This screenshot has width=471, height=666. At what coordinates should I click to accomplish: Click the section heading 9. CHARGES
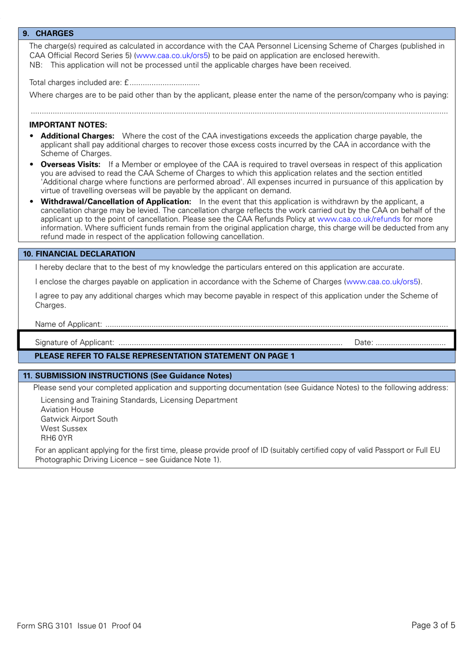(48, 33)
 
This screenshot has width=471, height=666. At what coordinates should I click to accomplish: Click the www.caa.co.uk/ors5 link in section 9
(172, 56)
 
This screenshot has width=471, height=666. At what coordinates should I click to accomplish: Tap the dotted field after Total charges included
(165, 83)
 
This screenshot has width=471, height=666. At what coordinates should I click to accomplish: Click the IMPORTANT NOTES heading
(68, 125)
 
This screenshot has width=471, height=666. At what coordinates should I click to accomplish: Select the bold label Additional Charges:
(77, 136)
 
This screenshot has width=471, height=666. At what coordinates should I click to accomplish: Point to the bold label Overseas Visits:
(70, 165)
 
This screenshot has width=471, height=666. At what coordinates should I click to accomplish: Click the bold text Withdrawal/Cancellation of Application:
(116, 202)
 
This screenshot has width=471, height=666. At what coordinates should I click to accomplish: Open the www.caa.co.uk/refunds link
(358, 219)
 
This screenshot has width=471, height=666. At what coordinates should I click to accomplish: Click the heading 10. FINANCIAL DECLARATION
(79, 254)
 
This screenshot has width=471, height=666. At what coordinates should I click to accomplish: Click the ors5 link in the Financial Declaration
(382, 282)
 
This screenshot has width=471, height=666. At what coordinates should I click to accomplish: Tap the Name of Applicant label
(68, 324)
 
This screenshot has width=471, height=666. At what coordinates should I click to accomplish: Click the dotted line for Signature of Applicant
(231, 343)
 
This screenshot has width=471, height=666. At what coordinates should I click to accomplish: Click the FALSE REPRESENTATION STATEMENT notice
(164, 356)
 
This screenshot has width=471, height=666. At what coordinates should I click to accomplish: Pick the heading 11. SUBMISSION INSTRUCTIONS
(127, 376)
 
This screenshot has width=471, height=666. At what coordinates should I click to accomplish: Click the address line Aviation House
(67, 410)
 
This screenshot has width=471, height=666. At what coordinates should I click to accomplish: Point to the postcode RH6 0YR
(57, 438)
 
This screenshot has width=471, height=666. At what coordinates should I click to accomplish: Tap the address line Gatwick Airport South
(79, 419)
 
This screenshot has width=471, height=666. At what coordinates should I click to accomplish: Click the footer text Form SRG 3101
(45, 626)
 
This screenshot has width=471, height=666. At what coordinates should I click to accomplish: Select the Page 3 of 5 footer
(433, 625)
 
